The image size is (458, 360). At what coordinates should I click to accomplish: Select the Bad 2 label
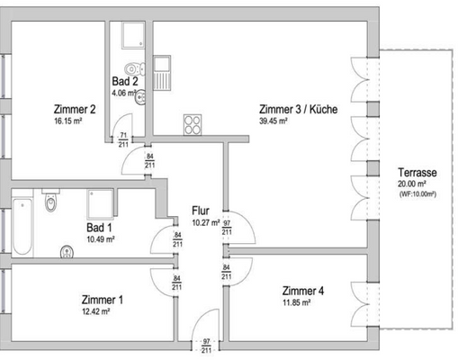pos(123,81)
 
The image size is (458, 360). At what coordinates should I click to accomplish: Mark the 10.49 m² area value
pos(100,239)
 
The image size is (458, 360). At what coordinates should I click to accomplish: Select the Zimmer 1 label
pos(102,300)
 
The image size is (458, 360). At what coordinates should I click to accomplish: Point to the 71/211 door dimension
pos(123,138)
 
